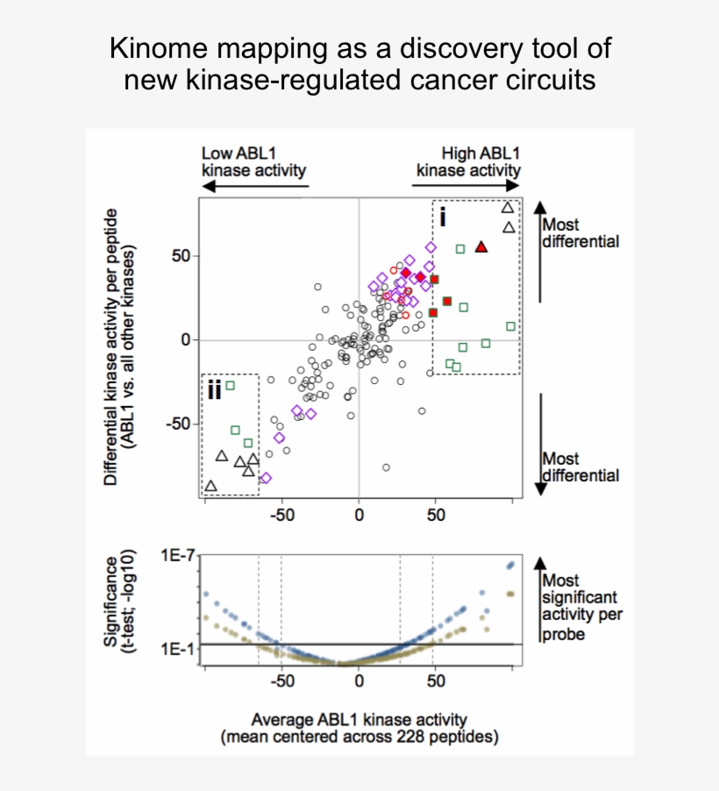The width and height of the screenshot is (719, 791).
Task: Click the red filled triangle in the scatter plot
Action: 481,247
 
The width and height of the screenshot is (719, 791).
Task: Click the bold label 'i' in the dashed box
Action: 443,217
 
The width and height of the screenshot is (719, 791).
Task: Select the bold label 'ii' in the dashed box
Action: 214,389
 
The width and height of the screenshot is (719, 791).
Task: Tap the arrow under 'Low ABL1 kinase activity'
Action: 254,185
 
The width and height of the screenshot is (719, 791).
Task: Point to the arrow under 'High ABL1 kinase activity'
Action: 466,185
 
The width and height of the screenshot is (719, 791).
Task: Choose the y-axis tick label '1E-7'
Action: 176,556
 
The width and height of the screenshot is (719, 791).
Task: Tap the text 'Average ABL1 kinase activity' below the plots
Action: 359,719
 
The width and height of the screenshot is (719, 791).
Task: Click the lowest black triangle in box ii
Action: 210,485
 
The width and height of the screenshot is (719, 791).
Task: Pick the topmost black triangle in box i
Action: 507,208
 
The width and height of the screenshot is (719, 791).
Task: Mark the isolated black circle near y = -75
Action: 386,467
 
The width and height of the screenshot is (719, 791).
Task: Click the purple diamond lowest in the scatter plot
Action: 266,478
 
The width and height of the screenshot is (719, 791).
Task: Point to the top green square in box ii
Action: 230,385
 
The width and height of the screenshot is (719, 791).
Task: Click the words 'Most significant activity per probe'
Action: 581,606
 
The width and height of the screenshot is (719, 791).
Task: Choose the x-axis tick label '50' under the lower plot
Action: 436,680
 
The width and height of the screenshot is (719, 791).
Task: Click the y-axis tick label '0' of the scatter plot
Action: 184,340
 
